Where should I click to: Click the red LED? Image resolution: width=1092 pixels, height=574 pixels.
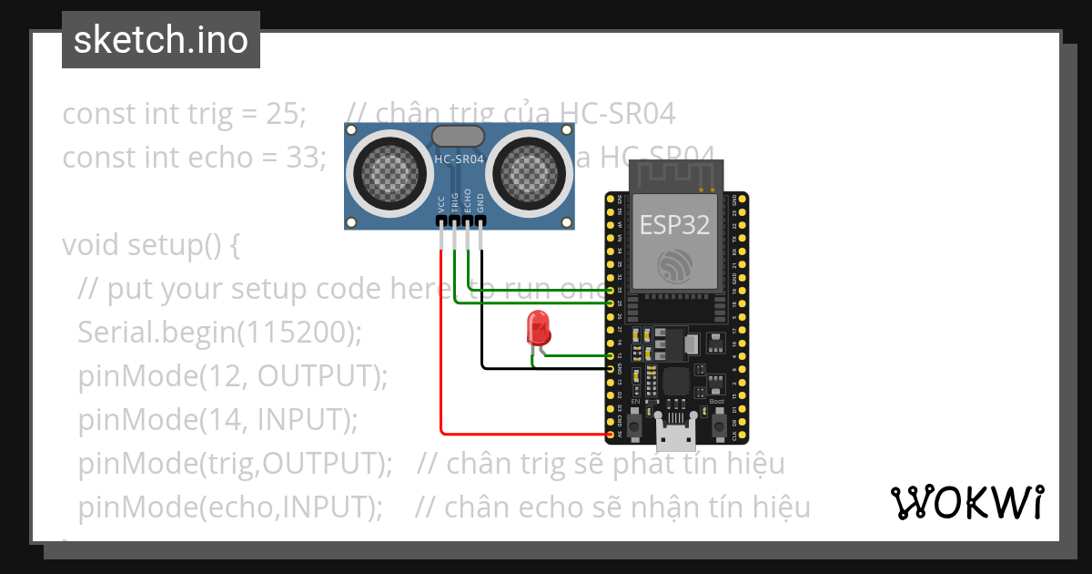coord(538,326)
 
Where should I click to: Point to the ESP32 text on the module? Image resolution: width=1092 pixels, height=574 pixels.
coord(674,225)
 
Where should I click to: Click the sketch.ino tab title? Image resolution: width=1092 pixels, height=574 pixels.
coord(160,40)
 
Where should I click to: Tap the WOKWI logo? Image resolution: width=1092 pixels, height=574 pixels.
coord(966,502)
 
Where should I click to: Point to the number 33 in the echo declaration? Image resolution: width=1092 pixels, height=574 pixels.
coord(304,157)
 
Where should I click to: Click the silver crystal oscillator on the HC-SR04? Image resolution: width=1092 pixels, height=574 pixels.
coord(458,136)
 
